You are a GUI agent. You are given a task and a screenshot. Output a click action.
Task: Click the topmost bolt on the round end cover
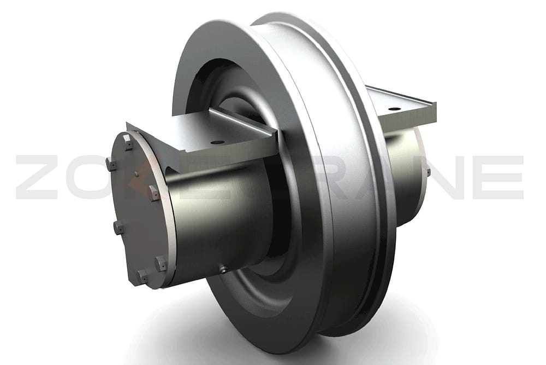(127, 143)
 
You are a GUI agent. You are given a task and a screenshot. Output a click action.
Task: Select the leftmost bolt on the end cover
(111, 164)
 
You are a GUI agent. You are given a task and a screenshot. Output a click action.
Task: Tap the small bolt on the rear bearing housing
(428, 173)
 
